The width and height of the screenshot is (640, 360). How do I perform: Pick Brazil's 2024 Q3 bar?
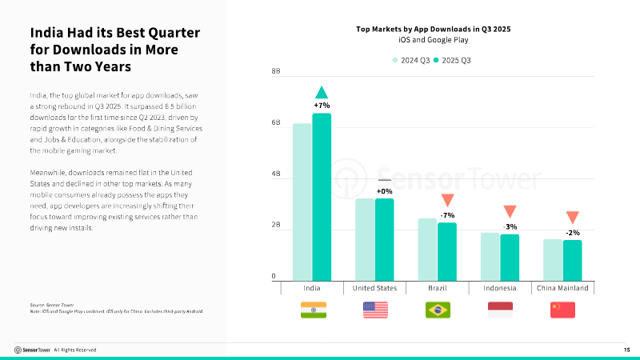[427, 249]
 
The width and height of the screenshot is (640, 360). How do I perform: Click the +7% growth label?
[322, 105]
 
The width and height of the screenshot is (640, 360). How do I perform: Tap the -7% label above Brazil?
[447, 215]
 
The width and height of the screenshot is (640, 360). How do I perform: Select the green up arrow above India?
[322, 92]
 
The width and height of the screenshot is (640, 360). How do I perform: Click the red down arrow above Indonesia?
[510, 212]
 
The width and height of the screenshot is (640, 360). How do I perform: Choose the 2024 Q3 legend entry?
[411, 60]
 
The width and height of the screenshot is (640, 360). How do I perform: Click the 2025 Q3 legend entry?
[453, 60]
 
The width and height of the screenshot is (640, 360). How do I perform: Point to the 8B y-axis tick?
[276, 72]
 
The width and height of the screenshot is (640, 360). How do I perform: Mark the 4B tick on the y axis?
[276, 174]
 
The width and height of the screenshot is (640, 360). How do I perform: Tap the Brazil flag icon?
[438, 310]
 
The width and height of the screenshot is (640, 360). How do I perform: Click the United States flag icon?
[375, 310]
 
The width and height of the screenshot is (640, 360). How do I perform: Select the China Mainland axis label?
[562, 288]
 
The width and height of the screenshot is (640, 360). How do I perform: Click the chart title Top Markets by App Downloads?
[433, 28]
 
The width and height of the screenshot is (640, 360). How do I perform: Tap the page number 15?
[626, 350]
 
